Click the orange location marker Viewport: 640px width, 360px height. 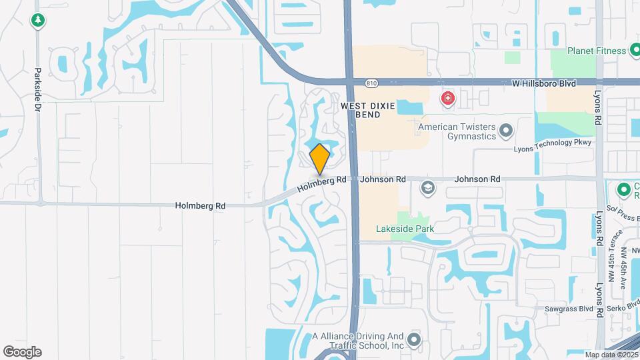320,159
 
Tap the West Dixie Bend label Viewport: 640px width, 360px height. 361,110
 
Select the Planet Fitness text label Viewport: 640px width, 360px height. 597,51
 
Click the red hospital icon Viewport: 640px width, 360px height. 448,100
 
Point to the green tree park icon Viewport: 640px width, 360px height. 38,21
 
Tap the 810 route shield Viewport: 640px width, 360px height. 371,83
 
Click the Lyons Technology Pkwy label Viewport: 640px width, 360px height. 553,143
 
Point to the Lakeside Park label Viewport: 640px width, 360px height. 405,229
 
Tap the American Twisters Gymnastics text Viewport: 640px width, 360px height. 457,131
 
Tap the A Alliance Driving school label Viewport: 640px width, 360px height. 359,341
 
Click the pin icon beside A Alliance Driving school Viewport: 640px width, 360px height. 415,341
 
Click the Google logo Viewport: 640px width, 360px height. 22,352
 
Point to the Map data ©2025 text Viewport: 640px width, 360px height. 610,355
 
